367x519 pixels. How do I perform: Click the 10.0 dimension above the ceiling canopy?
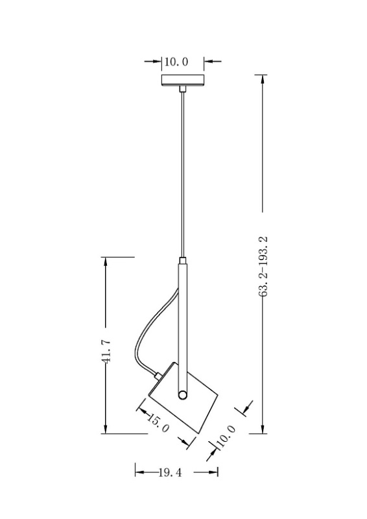(176, 62)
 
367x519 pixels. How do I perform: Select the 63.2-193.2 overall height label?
(264, 267)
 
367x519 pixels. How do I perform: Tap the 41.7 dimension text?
(106, 351)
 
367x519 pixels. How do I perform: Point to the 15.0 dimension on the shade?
(158, 423)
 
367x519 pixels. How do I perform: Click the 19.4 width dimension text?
(170, 473)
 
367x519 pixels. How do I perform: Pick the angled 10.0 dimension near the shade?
(226, 436)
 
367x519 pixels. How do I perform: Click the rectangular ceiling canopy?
(183, 80)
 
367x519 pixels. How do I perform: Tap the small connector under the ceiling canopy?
(183, 89)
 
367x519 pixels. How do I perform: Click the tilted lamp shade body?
(184, 397)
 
